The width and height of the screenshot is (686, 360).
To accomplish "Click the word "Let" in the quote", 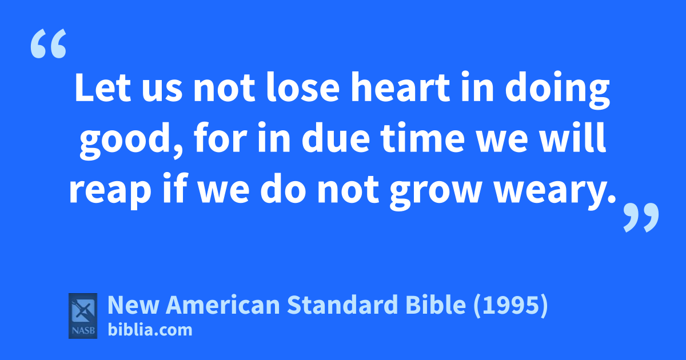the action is pyautogui.click(x=103, y=87).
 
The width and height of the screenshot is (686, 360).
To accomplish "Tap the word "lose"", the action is pyautogui.click(x=302, y=87).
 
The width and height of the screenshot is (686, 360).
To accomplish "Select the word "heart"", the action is pyautogui.click(x=400, y=87).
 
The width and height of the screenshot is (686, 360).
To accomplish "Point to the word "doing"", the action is pyautogui.click(x=557, y=90).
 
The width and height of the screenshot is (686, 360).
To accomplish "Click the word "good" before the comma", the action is pyautogui.click(x=125, y=141).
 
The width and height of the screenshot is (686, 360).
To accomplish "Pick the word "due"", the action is pyautogui.click(x=336, y=138).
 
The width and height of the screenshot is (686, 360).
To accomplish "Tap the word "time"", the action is pyautogui.click(x=422, y=138).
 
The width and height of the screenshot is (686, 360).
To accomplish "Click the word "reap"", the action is pyautogui.click(x=110, y=191).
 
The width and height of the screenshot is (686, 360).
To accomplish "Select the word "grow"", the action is pyautogui.click(x=435, y=191).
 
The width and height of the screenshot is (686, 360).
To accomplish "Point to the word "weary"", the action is pyautogui.click(x=551, y=191).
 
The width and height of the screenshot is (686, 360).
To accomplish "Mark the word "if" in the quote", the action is pyautogui.click(x=175, y=188).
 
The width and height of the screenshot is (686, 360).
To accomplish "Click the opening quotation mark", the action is pyautogui.click(x=49, y=43).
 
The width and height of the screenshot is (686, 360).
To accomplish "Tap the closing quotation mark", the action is pyautogui.click(x=641, y=217).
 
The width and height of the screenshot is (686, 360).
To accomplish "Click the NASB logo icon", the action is pyautogui.click(x=83, y=316).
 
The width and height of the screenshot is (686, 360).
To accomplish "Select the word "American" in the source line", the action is pyautogui.click(x=222, y=305).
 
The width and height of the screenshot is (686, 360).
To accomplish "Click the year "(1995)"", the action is pyautogui.click(x=510, y=306).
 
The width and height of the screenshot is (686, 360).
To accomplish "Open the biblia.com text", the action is pyautogui.click(x=150, y=330).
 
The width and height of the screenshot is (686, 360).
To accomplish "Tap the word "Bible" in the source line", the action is pyautogui.click(x=436, y=305).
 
